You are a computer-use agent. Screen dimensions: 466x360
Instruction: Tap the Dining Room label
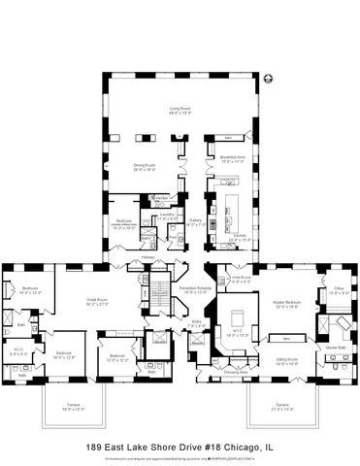click(146, 165)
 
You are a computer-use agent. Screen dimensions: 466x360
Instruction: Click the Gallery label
click(195, 222)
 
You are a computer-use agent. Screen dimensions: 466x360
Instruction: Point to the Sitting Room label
click(287, 359)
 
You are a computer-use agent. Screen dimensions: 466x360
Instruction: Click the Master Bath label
click(336, 347)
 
